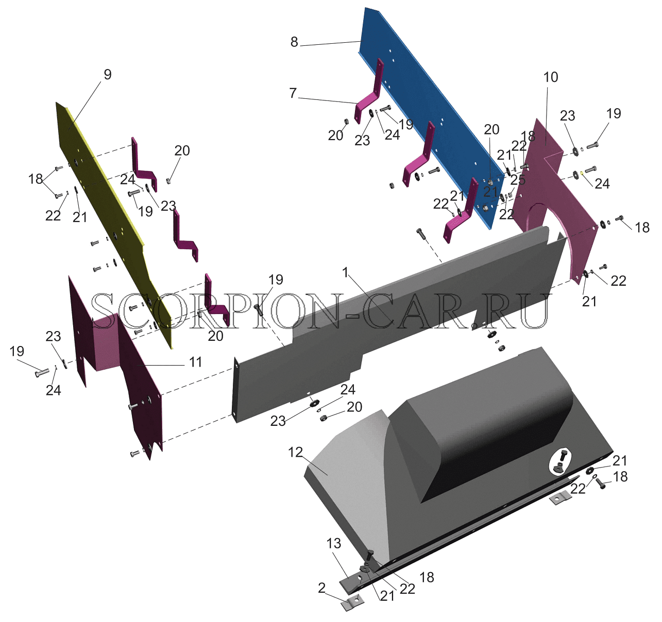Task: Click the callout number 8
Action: coord(294,42)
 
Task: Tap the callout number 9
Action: coord(107,75)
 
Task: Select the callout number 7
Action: coord(293,93)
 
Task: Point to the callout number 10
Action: coord(551,77)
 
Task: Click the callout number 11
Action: coord(195,362)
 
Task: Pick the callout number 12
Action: coord(295,452)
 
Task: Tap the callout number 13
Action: coord(333,543)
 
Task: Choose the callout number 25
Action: coord(518,180)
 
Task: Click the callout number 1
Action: coord(345,272)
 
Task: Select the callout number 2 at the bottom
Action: coord(321,588)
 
